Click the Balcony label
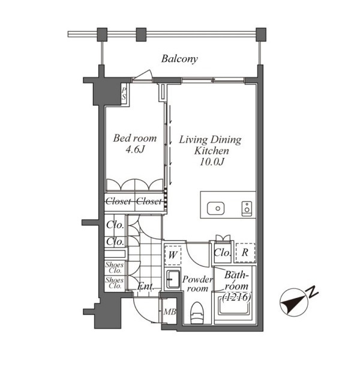[x=179, y=59]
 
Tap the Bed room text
[x=135, y=138]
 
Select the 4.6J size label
[x=135, y=150]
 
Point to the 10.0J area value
[x=212, y=162]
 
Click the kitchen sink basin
[x=216, y=208]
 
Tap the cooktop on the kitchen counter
[x=247, y=208]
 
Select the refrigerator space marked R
[x=245, y=252]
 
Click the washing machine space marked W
[x=173, y=255]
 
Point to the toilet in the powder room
[x=197, y=313]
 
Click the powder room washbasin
[x=173, y=279]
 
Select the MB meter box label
[x=170, y=312]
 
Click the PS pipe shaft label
[x=124, y=94]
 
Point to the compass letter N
[x=313, y=292]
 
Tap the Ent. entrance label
[x=145, y=286]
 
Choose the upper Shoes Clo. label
[x=115, y=268]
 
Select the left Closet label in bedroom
[x=118, y=201]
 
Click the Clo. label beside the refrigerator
[x=222, y=253]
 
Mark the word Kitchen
[x=212, y=151]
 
